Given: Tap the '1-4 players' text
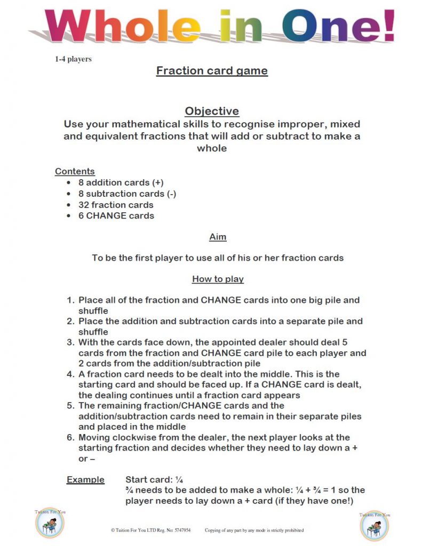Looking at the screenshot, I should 73,59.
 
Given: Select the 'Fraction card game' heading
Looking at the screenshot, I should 212,70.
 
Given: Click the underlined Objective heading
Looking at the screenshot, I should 212,111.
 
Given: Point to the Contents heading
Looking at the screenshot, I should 75,171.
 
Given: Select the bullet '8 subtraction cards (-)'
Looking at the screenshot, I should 127,194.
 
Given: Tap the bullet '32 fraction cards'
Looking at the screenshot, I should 116,205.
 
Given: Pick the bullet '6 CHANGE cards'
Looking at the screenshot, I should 116,216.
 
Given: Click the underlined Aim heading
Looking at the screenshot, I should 218,236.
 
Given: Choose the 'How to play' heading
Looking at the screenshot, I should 218,279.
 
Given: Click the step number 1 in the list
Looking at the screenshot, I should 70,300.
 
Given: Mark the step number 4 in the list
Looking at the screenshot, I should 70,374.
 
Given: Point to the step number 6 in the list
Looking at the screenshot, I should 70,438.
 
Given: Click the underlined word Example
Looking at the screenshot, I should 85,479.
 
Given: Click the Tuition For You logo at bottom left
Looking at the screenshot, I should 50,523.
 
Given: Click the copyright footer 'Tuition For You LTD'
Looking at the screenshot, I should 150,531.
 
